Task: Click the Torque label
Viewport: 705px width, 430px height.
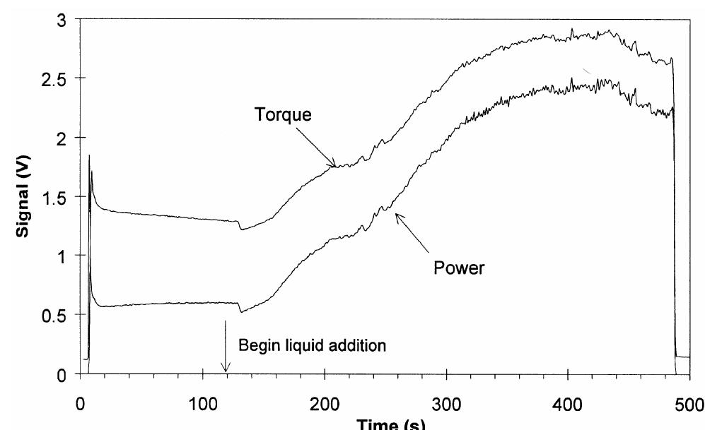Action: point(282,115)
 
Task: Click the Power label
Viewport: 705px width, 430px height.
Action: point(458,269)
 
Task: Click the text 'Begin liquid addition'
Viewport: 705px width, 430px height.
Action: point(312,346)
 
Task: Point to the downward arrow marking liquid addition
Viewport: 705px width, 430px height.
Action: point(226,346)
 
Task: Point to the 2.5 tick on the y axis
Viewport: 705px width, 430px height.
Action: point(54,78)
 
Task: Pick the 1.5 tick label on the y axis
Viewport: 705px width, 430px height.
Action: point(54,196)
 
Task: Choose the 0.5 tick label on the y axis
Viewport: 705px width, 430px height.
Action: point(54,315)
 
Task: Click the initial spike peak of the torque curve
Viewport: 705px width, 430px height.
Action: point(89,156)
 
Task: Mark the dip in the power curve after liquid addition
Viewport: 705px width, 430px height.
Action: point(240,311)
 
